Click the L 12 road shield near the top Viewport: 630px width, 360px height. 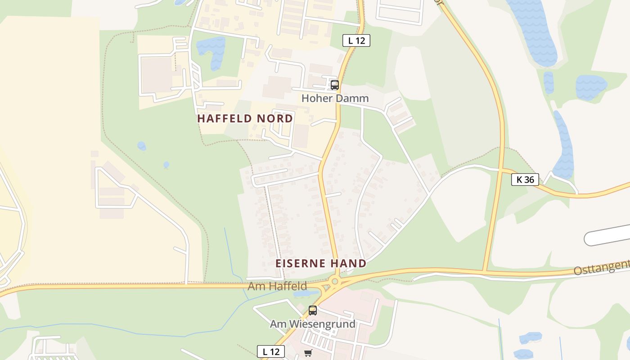pyautogui.click(x=356, y=40)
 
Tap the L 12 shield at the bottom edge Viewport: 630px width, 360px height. pyautogui.click(x=271, y=351)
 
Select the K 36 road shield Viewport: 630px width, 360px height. pyautogui.click(x=525, y=180)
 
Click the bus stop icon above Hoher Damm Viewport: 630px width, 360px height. pyautogui.click(x=334, y=85)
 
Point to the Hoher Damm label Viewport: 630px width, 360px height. pyautogui.click(x=335, y=98)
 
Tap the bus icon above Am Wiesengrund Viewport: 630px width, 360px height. pyautogui.click(x=312, y=310)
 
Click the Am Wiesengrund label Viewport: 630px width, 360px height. pyautogui.click(x=312, y=324)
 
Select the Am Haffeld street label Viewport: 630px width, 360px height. pyautogui.click(x=277, y=286)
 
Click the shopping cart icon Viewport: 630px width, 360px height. pyautogui.click(x=308, y=353)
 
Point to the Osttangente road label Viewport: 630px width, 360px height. pyautogui.click(x=602, y=267)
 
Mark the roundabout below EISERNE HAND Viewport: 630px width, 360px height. pyautogui.click(x=334, y=282)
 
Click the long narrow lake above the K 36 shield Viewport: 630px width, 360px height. pyautogui.click(x=564, y=144)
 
